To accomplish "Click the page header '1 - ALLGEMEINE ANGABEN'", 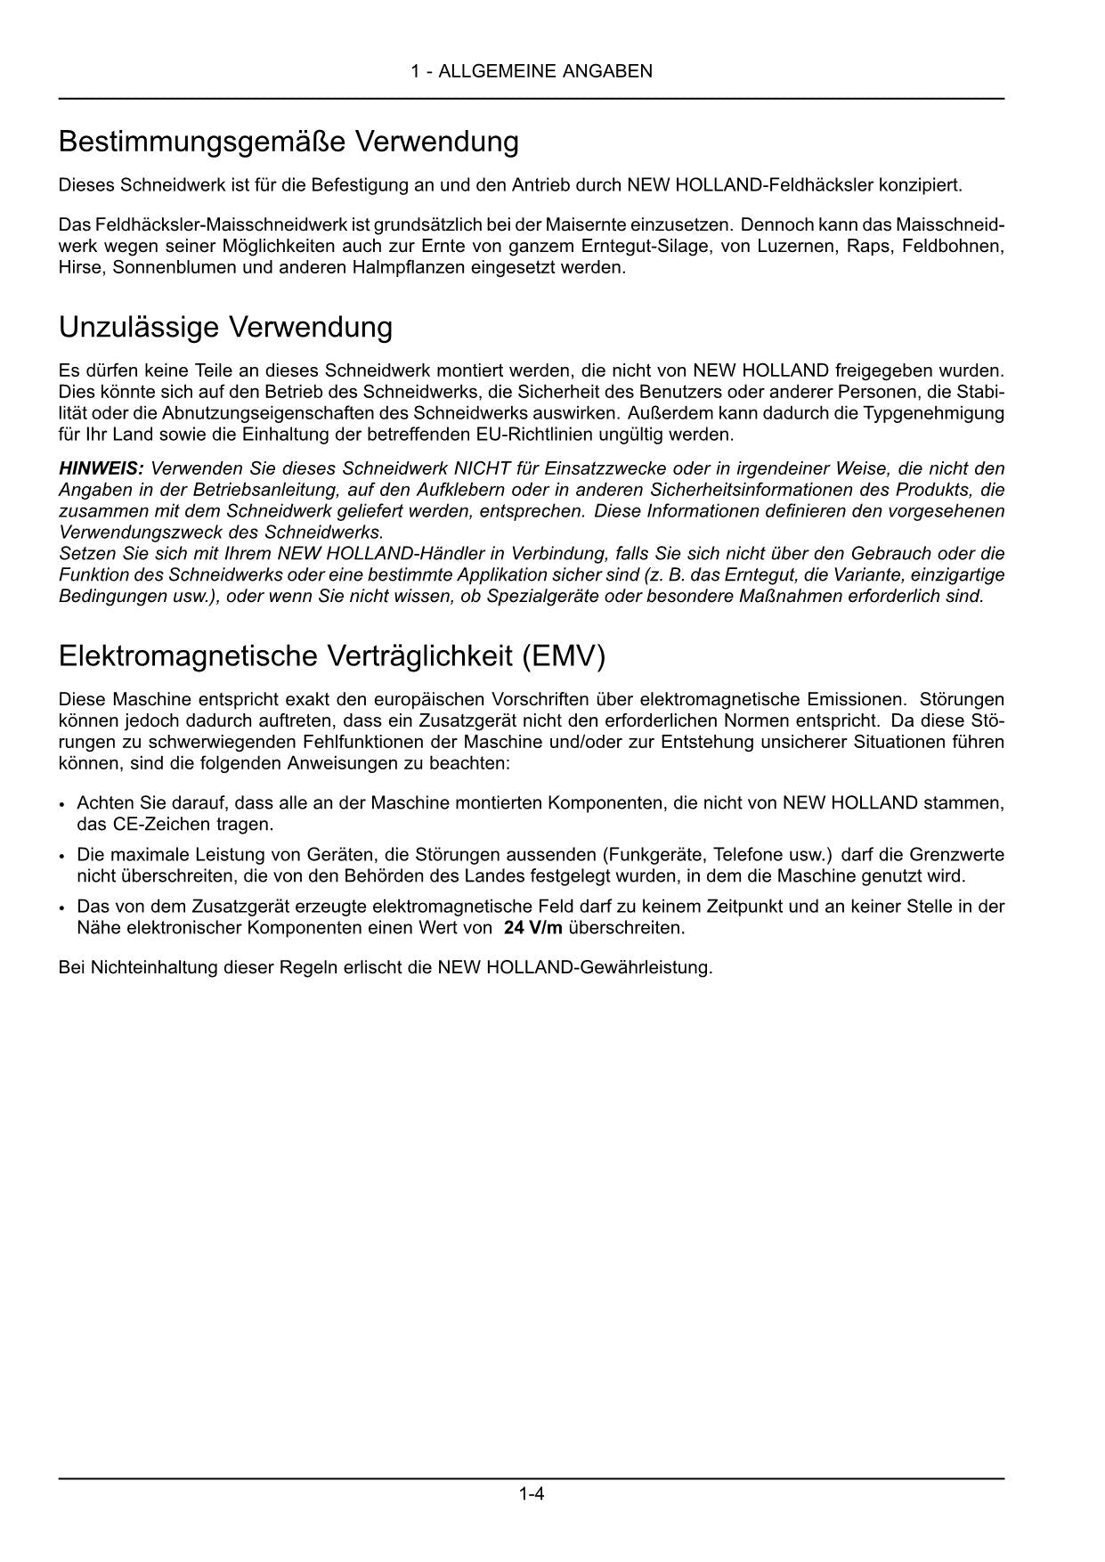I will [532, 71].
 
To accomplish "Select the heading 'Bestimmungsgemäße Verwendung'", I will [288, 142].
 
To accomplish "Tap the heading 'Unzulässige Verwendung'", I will [225, 327].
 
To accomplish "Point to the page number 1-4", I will [532, 1493].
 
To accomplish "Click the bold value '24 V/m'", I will [532, 928].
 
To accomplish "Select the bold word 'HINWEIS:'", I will [101, 468].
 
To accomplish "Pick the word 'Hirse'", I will [80, 267].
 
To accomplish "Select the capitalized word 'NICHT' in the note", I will [479, 468].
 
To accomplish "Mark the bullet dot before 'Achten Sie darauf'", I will [62, 804].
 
